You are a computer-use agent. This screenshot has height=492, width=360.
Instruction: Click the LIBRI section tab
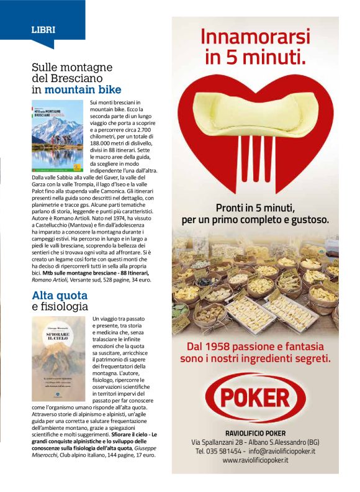click(x=43, y=29)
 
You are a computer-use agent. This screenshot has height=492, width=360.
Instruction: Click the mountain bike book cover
click(x=57, y=135)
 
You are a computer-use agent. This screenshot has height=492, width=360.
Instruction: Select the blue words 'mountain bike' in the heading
click(x=91, y=89)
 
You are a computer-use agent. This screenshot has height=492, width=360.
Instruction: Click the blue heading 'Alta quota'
click(x=60, y=294)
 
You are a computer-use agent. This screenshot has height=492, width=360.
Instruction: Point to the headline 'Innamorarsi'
click(x=255, y=37)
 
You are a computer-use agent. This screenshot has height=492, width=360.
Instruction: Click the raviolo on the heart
click(x=255, y=115)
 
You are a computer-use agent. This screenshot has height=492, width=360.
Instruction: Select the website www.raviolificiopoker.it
click(x=255, y=460)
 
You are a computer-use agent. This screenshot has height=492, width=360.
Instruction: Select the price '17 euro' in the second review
click(x=143, y=455)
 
